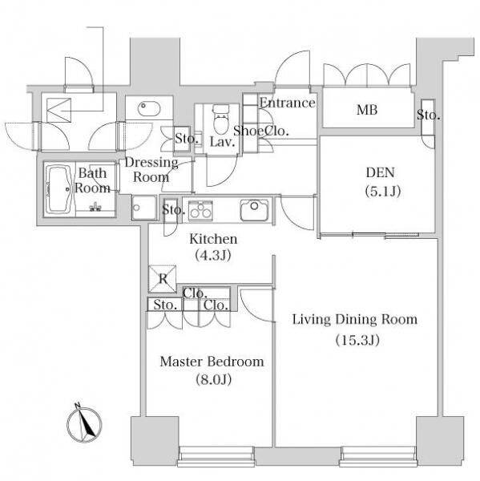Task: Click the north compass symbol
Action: tap(84, 424)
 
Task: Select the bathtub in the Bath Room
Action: tap(60, 189)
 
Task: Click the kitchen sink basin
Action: tap(254, 210)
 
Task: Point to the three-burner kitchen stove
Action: tap(200, 210)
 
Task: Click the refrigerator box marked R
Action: tap(163, 278)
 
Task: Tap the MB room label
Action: tap(367, 110)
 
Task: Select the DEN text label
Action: tap(380, 172)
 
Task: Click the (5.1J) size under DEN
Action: tap(383, 192)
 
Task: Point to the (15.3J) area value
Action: tap(357, 340)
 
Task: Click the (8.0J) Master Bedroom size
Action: tap(213, 380)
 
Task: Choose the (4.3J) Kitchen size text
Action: tap(213, 255)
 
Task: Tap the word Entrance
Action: tap(288, 103)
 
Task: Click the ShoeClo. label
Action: tap(261, 131)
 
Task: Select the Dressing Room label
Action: tap(151, 170)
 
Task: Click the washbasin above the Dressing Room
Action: tap(149, 108)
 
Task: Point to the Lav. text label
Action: tap(222, 142)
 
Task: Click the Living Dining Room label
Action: tap(355, 319)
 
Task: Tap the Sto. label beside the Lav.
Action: tap(187, 139)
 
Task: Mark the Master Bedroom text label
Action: tap(212, 362)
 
